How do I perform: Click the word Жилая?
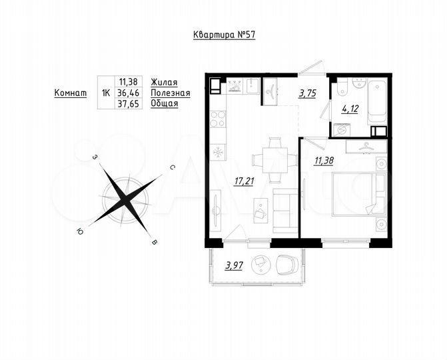click(164, 82)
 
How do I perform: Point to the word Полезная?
click(171, 93)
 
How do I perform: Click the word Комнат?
click(71, 93)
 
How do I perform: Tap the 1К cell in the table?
click(105, 93)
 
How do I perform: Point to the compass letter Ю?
click(80, 231)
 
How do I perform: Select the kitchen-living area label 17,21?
click(244, 181)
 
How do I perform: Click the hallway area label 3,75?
click(307, 94)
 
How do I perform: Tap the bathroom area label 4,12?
click(350, 109)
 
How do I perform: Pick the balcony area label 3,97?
click(234, 266)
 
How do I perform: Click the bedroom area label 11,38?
click(324, 161)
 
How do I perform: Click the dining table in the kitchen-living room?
click(274, 159)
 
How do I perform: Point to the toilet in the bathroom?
click(341, 87)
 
